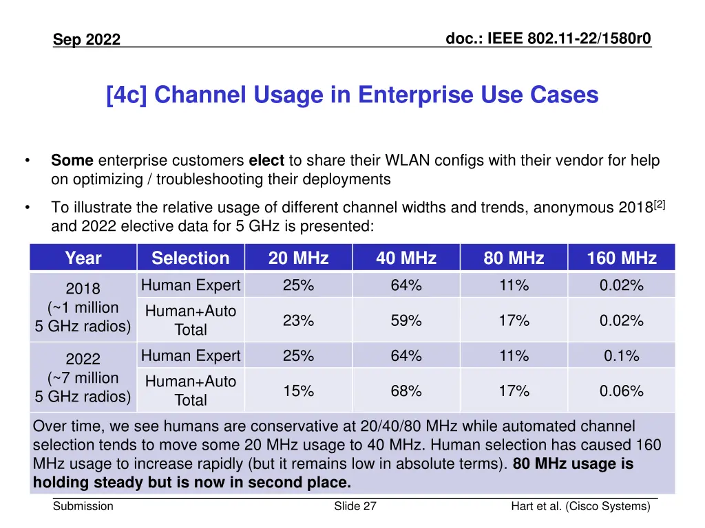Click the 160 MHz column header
621,258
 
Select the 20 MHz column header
298,258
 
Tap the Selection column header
190,258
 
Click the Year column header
83,258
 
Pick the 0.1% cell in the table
621,356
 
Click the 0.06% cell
621,391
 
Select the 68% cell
406,391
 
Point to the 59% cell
406,320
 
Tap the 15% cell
298,391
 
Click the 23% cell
298,320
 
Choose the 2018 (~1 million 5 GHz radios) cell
83,307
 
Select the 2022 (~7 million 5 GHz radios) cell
83,377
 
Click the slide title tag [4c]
128,95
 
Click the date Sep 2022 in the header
87,40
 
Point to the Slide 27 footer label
355,507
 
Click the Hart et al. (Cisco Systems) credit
580,507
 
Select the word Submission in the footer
83,507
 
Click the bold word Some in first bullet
72,161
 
